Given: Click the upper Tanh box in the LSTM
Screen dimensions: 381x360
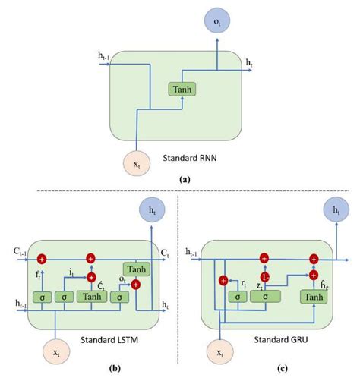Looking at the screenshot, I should tap(137, 269).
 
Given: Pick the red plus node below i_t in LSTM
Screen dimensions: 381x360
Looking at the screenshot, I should tap(93, 277).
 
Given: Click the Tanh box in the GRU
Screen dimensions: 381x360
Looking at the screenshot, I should tap(313, 297).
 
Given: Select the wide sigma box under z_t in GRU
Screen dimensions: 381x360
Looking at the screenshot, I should tap(264, 297).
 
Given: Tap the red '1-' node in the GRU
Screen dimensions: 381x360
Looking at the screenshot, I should tap(265, 276).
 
